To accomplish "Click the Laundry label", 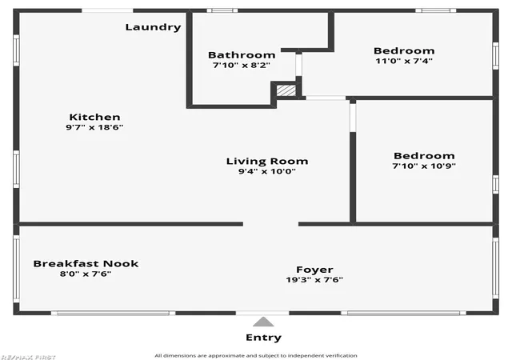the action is [153, 27].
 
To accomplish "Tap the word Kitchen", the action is [94, 117].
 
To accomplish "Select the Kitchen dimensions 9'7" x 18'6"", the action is [94, 127].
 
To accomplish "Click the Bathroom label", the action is [242, 55].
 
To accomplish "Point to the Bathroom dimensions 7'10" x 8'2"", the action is [242, 65].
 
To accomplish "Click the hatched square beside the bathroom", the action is [286, 90].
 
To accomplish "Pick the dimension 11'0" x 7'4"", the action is [404, 61].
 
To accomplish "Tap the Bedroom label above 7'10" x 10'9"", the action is [424, 155].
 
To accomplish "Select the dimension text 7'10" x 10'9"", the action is [424, 166].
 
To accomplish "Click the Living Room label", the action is [267, 161].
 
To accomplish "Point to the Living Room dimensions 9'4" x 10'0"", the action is [267, 171].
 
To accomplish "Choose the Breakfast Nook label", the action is [86, 264].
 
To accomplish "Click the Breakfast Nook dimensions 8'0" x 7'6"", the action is [86, 274].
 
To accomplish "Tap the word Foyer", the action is [314, 270].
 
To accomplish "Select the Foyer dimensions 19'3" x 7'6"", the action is [314, 280].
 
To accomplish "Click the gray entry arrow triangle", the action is [263, 322].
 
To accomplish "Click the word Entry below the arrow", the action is [263, 338].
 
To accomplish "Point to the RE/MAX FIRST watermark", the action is [28, 357].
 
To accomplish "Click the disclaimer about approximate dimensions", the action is [256, 355].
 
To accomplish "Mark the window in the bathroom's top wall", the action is [222, 10].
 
